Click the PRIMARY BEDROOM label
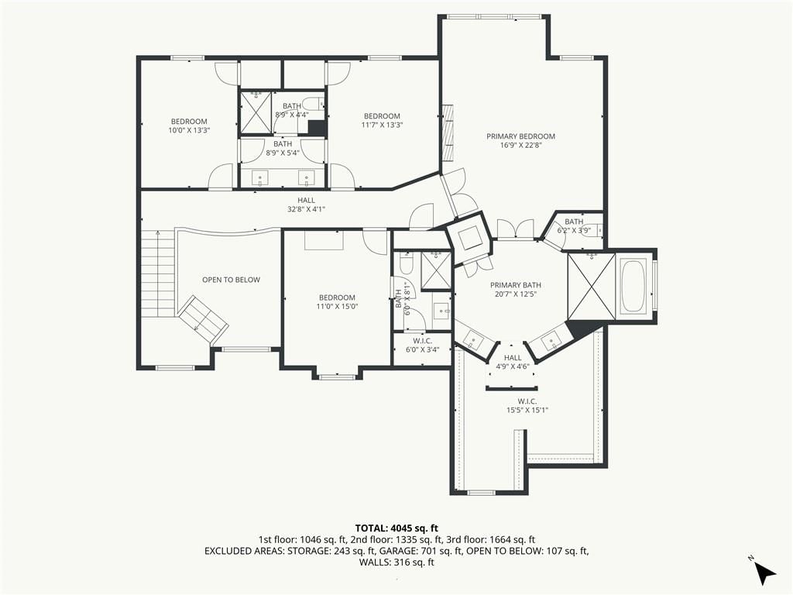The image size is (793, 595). point(520,136)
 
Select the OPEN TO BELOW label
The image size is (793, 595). point(231,280)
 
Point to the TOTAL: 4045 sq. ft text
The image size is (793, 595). point(396,529)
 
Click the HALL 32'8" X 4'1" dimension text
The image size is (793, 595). point(306,208)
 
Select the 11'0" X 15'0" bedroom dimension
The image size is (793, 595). point(338,306)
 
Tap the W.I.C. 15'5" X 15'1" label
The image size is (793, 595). point(527,406)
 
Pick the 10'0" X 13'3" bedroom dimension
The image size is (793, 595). point(189,130)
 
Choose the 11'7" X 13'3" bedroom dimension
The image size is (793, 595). point(382,125)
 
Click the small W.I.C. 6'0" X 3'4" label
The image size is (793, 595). point(422,345)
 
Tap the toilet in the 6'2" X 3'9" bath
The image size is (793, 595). point(597,229)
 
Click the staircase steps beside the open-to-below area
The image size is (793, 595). point(158,273)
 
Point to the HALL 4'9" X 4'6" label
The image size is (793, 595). point(513,363)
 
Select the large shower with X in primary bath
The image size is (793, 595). point(591,287)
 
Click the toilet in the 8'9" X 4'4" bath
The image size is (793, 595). point(314,104)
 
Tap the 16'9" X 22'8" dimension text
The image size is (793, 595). point(521,145)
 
